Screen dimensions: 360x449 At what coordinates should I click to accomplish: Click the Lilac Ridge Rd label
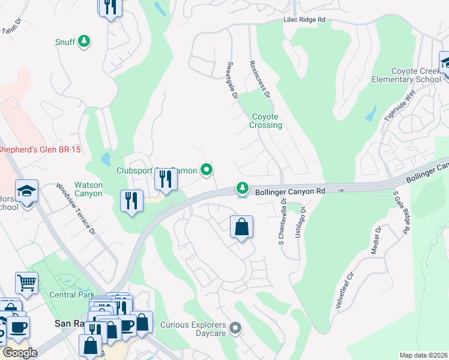click(x=304, y=20)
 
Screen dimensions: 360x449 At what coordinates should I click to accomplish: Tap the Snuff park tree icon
click(x=85, y=41)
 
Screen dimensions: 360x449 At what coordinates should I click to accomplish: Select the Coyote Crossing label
click(x=266, y=121)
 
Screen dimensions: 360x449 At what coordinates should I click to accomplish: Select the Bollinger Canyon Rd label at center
click(x=290, y=191)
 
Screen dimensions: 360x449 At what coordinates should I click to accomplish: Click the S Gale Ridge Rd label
click(x=402, y=212)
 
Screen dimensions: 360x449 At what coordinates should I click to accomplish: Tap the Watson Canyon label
click(x=88, y=189)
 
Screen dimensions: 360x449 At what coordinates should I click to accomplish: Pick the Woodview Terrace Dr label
click(x=76, y=208)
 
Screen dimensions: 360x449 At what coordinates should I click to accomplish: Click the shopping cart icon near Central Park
click(x=26, y=283)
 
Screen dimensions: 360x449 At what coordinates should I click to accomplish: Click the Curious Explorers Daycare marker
click(x=235, y=328)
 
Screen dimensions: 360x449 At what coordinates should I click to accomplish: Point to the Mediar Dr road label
click(x=376, y=241)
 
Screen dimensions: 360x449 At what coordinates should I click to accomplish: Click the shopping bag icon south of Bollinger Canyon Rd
click(x=241, y=227)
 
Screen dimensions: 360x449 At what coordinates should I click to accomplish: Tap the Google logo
click(x=20, y=353)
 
